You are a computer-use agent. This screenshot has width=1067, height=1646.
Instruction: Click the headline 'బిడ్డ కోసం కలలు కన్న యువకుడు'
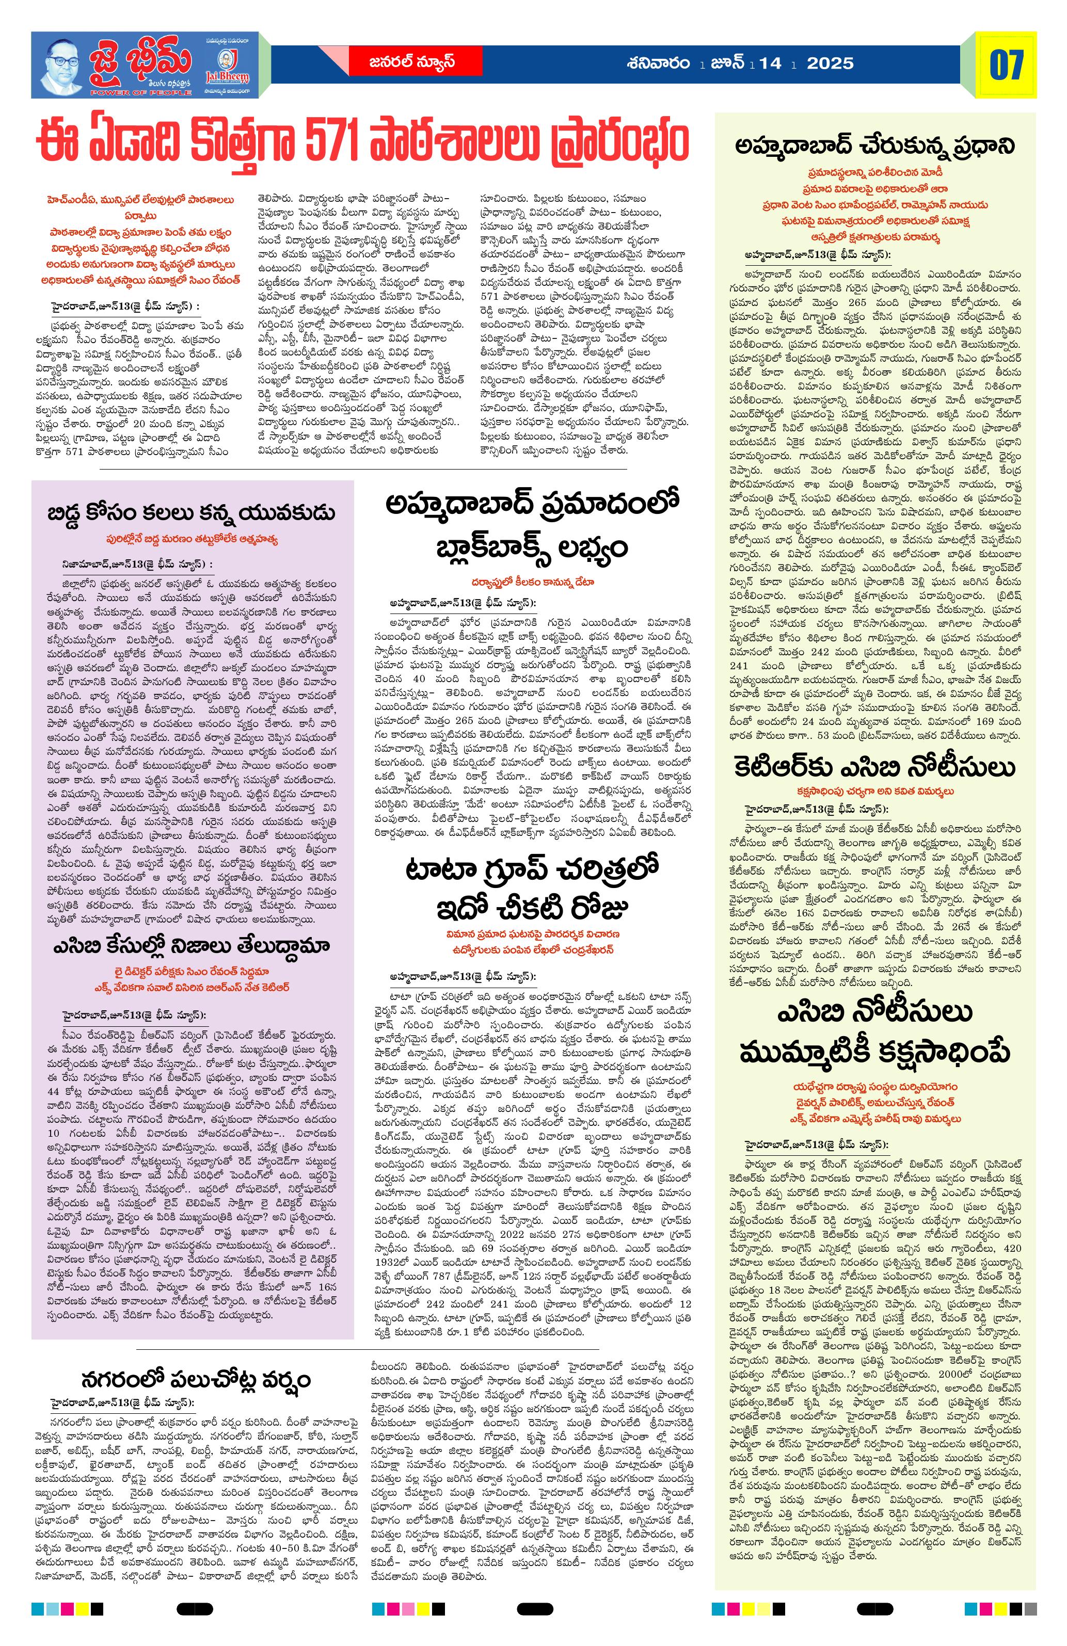[192, 513]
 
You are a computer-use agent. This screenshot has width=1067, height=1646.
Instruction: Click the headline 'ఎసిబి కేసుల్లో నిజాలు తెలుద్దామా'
[192, 946]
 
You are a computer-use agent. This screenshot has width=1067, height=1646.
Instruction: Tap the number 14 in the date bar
[770, 63]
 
